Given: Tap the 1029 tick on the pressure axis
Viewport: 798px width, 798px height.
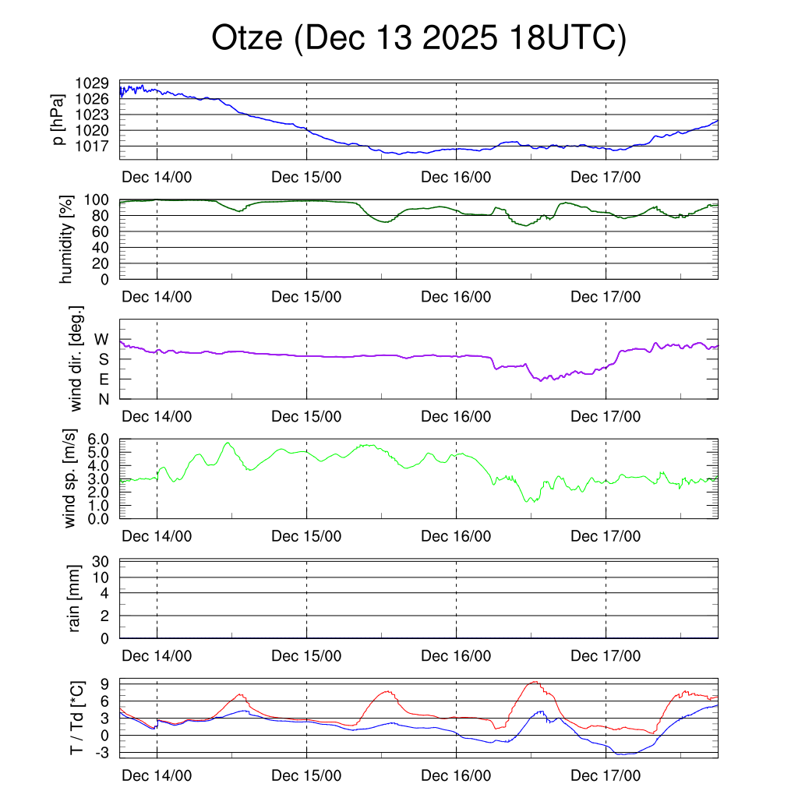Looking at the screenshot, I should pyautogui.click(x=92, y=83).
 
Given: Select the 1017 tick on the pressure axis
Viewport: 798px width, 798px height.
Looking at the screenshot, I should pyautogui.click(x=92, y=146).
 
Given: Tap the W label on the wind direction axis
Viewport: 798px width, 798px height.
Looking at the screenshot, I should pyautogui.click(x=101, y=339).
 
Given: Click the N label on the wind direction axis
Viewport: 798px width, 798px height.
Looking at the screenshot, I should pyautogui.click(x=102, y=399).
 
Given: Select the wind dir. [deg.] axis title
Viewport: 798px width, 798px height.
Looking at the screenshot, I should pyautogui.click(x=76, y=359).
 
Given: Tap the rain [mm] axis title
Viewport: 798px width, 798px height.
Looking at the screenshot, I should pyautogui.click(x=74, y=599).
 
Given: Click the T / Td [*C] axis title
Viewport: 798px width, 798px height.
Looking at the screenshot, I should pyautogui.click(x=76, y=718).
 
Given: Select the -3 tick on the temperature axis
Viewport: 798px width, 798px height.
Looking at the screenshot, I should pyautogui.click(x=102, y=753).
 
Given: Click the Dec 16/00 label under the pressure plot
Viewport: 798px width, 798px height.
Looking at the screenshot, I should pyautogui.click(x=456, y=177).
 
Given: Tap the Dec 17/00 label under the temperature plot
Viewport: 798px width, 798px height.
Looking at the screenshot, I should pyautogui.click(x=606, y=775).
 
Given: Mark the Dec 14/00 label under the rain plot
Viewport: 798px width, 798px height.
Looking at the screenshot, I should pyautogui.click(x=157, y=656).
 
